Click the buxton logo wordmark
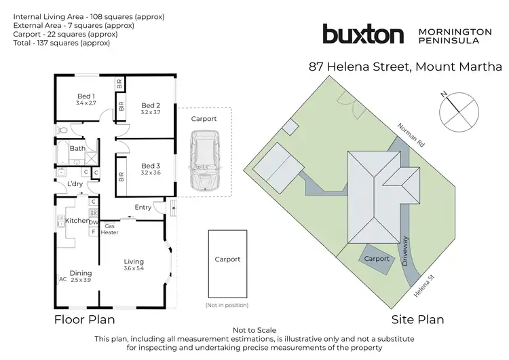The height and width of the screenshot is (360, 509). tap(363, 35)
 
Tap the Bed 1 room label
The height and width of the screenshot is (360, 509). tap(86, 96)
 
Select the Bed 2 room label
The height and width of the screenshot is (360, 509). tap(151, 105)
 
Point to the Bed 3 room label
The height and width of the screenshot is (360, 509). tap(151, 166)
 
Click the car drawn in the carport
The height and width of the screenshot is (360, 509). tap(205, 160)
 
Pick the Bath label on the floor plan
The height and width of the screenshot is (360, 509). tap(77, 148)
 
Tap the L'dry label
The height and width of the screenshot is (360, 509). tap(75, 184)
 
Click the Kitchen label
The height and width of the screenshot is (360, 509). tap(77, 221)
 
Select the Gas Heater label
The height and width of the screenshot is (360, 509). tap(111, 229)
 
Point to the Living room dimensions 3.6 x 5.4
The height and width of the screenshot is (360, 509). tap(134, 268)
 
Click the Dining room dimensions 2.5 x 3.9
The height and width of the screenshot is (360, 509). tap(81, 279)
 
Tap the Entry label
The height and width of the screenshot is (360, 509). tap(143, 208)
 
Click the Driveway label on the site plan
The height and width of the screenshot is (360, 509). tap(409, 251)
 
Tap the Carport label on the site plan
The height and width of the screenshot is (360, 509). tap(377, 259)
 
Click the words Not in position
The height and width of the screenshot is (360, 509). tap(227, 306)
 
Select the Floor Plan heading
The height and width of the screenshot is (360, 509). tap(84, 319)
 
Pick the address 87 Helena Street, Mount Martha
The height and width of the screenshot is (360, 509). tap(405, 67)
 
